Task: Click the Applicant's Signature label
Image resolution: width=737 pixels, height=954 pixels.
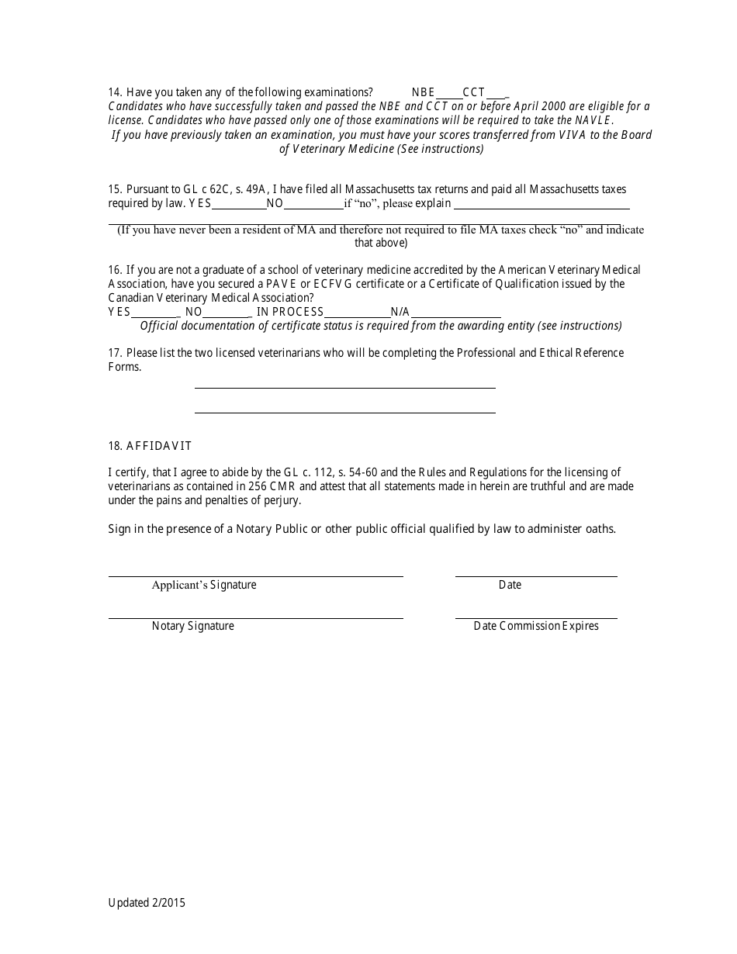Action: [x=204, y=585]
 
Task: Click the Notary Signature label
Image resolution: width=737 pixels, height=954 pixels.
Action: [x=192, y=626]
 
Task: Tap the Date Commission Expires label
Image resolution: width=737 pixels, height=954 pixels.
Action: [x=536, y=626]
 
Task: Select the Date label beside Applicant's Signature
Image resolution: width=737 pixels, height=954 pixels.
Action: [x=510, y=585]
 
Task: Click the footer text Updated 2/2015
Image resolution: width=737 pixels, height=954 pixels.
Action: [x=147, y=902]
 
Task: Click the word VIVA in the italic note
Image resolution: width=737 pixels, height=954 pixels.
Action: [x=575, y=134]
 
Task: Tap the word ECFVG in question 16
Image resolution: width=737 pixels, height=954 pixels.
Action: [x=334, y=284]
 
